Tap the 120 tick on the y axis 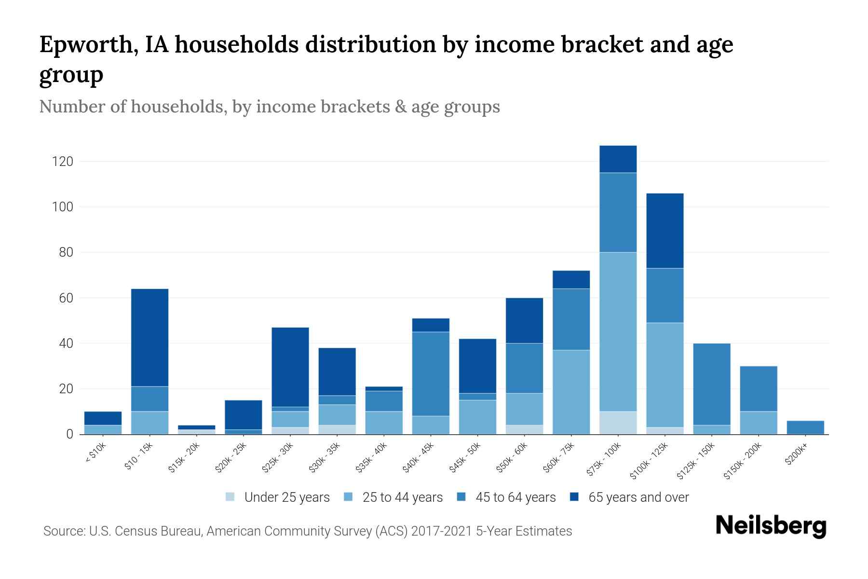[63, 162]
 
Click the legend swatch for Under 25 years [231, 496]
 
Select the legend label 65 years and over [638, 497]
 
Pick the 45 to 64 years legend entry [515, 497]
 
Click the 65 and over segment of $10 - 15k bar [149, 337]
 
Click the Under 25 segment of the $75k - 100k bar [618, 423]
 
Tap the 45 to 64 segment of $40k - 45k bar [431, 373]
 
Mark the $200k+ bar [805, 427]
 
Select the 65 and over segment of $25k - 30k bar [290, 367]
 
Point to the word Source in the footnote [63, 531]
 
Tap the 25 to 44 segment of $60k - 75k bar [571, 392]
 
